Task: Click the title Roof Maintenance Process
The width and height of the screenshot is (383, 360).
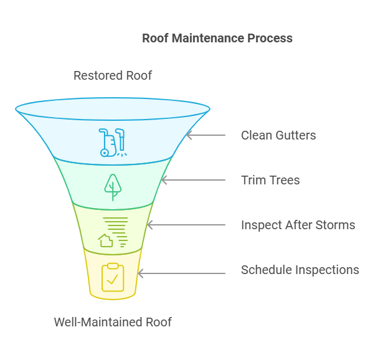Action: click(x=217, y=38)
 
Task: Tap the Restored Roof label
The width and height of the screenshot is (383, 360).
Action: click(x=113, y=75)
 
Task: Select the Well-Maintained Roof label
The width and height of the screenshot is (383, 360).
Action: click(x=113, y=322)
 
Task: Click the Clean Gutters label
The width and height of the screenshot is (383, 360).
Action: click(x=278, y=135)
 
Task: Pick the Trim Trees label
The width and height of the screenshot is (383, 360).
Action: click(x=270, y=180)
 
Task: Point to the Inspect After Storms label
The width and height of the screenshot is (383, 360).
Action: click(x=298, y=225)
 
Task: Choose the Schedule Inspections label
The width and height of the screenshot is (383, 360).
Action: click(x=300, y=270)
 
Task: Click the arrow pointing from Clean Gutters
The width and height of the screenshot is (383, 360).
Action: click(x=205, y=135)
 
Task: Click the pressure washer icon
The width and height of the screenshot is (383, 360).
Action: click(x=113, y=142)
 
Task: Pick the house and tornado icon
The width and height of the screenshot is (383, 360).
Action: click(x=113, y=232)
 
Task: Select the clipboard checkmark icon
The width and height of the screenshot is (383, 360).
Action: click(x=113, y=277)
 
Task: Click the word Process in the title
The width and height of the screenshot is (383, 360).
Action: click(x=268, y=38)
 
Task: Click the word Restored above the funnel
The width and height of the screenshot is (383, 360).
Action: click(x=96, y=75)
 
